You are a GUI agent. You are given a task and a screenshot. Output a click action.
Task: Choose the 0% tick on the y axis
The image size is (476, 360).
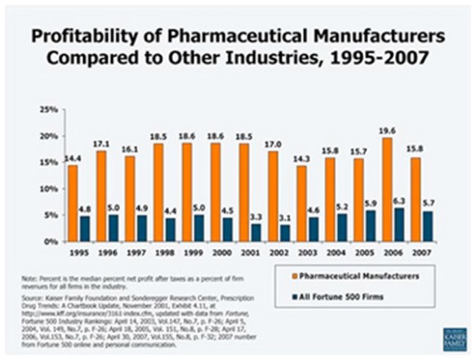click(49, 242)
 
